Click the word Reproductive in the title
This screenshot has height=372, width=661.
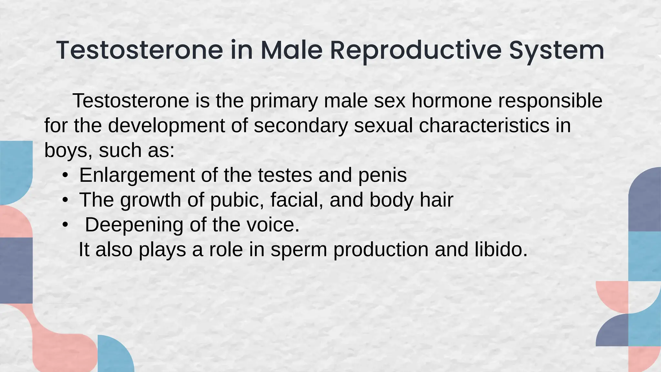coord(416,50)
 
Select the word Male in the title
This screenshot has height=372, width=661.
coord(291,50)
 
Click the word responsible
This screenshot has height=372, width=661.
coord(550,101)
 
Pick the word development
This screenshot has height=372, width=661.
coord(166,126)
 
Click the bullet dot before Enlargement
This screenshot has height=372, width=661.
coord(66,176)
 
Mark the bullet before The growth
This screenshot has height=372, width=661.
coord(66,201)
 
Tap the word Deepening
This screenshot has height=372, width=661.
coord(134,225)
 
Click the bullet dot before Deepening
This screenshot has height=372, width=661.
coord(66,225)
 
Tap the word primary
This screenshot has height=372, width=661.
coord(284,101)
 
